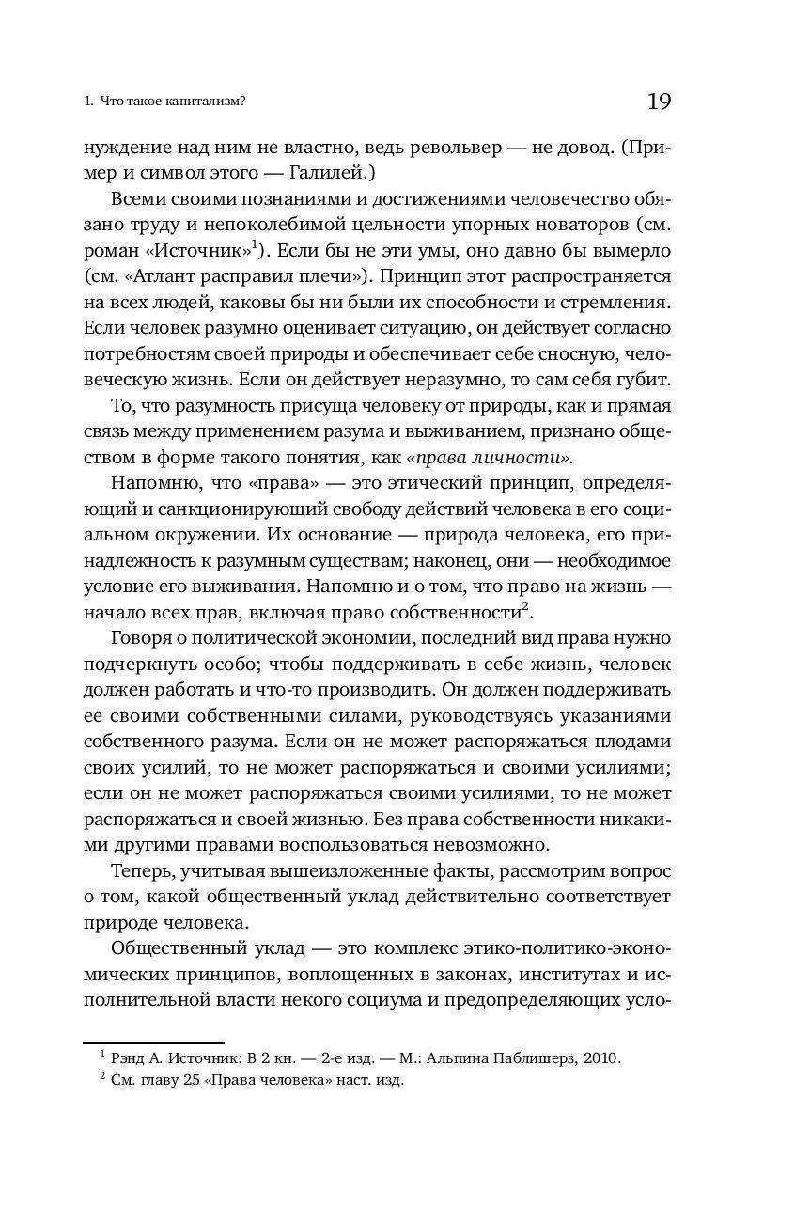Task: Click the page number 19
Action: [x=659, y=102]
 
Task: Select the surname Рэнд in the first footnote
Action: [x=130, y=1058]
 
